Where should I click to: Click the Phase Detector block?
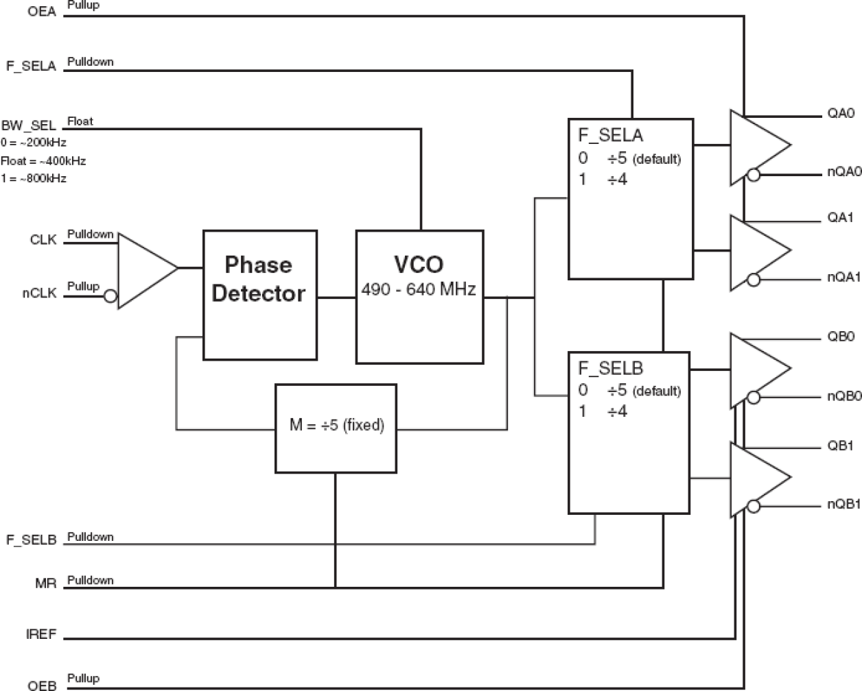[259, 295]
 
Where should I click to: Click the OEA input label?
[42, 12]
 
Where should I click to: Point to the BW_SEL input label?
[29, 125]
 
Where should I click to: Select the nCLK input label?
[39, 293]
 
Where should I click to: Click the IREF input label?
[41, 634]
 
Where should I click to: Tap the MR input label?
[45, 583]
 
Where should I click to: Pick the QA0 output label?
[840, 113]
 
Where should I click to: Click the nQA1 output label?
[843, 277]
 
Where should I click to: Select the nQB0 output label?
[843, 396]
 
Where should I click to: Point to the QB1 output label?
[840, 446]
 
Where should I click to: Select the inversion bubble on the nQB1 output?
[754, 507]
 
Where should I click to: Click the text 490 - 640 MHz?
[419, 289]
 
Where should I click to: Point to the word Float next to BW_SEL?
[80, 121]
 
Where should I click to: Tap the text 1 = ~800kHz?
[34, 178]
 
